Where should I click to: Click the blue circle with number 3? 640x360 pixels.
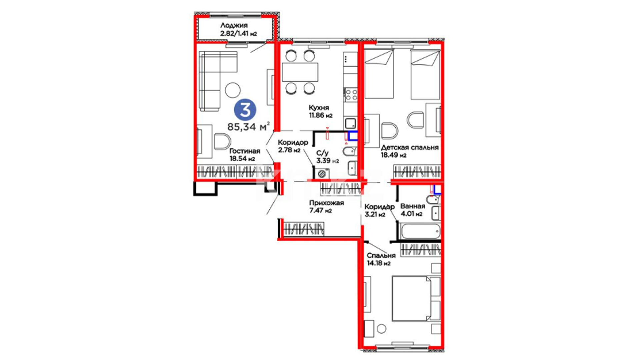[x=245, y=110]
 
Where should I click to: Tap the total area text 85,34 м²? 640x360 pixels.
[x=249, y=126]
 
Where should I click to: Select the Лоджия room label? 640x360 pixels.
[x=234, y=25]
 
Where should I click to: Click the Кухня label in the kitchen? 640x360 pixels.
[x=319, y=108]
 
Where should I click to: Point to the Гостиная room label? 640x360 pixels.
[x=244, y=151]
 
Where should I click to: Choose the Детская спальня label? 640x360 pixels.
[x=410, y=147]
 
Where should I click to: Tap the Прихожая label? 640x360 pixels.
[x=326, y=203]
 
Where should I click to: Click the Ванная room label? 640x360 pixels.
[x=413, y=206]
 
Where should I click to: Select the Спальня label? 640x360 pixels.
[x=381, y=255]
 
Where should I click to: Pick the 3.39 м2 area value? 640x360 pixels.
[x=328, y=161]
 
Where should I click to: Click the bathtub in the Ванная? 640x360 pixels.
[x=421, y=231]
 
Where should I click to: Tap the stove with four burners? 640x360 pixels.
[x=351, y=95]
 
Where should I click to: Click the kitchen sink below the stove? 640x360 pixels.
[x=350, y=123]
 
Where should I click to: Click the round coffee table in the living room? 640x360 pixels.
[x=233, y=90]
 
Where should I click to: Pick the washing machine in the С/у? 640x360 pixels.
[x=322, y=173]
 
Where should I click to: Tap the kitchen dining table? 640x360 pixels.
[x=300, y=72]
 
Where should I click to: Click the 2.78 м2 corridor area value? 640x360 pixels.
[x=289, y=150]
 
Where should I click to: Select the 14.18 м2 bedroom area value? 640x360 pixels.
[x=378, y=263]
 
